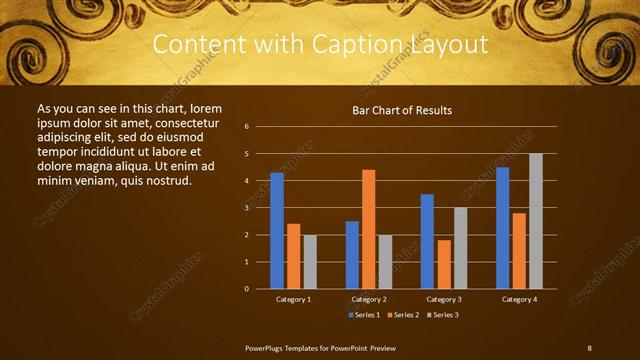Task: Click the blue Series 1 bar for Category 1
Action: click(277, 231)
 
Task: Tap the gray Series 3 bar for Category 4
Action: click(536, 221)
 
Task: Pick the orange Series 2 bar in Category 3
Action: click(443, 264)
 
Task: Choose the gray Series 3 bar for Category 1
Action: click(310, 262)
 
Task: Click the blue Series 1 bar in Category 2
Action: click(352, 255)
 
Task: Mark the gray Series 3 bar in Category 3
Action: click(460, 248)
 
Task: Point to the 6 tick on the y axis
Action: click(246, 127)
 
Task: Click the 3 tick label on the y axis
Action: click(246, 208)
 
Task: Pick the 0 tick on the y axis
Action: click(246, 289)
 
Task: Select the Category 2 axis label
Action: click(368, 299)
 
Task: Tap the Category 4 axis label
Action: click(519, 299)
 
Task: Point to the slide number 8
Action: click(589, 347)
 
